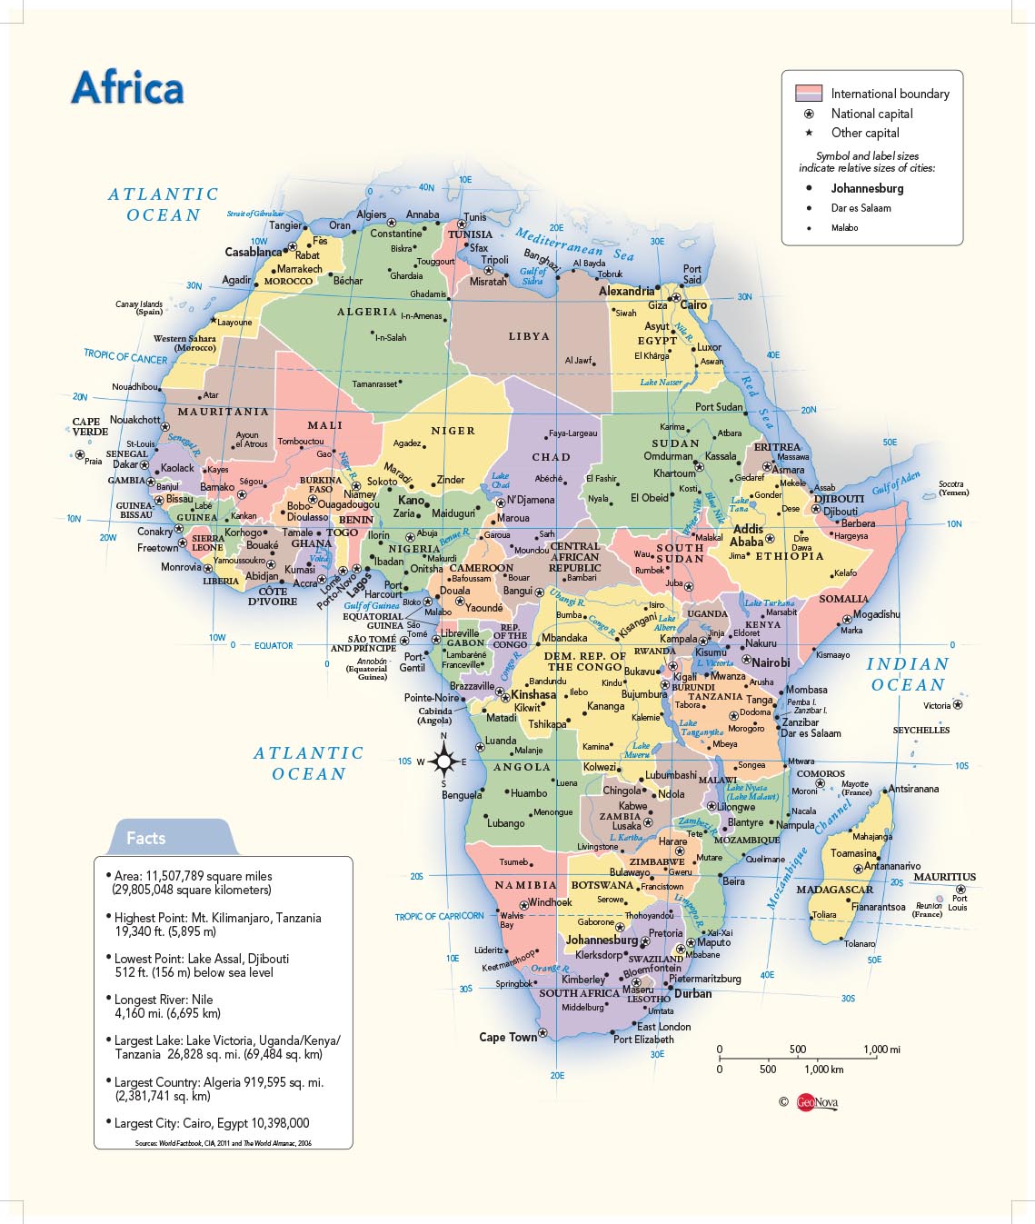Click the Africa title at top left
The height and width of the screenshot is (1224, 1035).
click(127, 88)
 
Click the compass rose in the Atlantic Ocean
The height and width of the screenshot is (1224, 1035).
click(443, 761)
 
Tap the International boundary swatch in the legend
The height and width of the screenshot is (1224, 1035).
click(808, 94)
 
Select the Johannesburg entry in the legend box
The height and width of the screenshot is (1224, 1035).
click(867, 188)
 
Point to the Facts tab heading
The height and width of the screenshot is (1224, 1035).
click(145, 838)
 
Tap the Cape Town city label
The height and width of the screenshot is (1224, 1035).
click(508, 1037)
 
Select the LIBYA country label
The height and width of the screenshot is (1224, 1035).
click(529, 336)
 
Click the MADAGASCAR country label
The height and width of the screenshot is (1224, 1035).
click(834, 890)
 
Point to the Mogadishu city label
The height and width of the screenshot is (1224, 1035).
click(876, 614)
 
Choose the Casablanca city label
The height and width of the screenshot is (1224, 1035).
click(254, 252)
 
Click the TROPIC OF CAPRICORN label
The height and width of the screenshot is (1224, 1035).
click(439, 916)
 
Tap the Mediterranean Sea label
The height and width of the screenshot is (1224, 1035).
click(574, 244)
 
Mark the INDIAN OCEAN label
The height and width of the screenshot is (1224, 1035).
click(907, 674)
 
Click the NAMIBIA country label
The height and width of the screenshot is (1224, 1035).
click(525, 885)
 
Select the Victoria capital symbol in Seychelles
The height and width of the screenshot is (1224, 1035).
click(958, 704)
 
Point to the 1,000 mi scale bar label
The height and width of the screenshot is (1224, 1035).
click(881, 1050)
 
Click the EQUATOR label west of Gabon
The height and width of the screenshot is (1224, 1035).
click(274, 645)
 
